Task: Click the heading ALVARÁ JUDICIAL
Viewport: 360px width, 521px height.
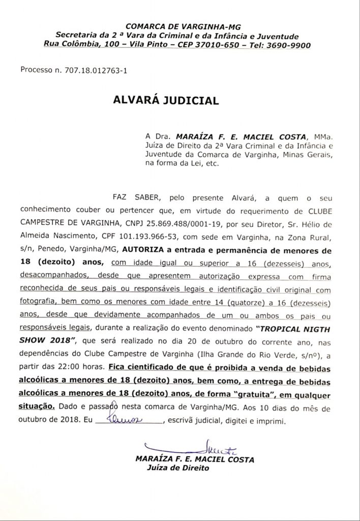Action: click(x=166, y=100)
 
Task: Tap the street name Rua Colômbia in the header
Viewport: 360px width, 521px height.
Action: click(x=73, y=45)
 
